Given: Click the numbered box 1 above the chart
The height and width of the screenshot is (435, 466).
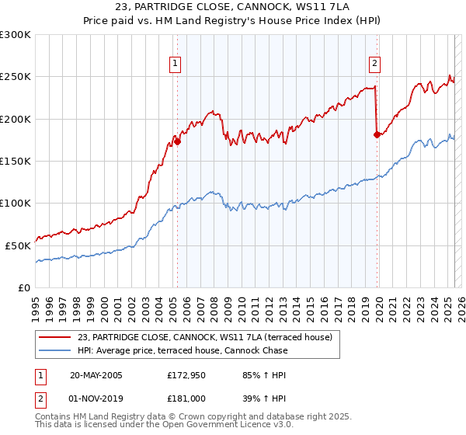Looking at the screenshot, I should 176,64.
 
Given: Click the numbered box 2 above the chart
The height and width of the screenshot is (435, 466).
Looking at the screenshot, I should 375,64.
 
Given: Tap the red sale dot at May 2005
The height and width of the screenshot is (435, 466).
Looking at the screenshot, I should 177,141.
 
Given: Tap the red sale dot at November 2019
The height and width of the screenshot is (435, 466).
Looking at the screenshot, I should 377,134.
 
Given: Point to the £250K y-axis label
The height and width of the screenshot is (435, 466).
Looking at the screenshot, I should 16,77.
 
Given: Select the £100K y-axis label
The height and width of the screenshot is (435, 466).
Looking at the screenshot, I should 16,203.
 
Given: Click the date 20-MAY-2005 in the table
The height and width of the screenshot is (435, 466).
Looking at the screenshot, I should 96,375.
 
